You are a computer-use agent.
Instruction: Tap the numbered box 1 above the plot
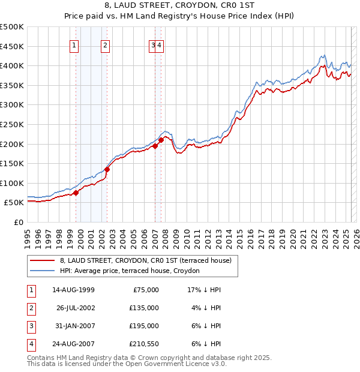[74, 44]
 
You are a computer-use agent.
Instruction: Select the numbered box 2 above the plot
[105, 44]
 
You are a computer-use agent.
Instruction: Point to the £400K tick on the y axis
[12, 65]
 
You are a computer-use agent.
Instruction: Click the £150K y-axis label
[12, 163]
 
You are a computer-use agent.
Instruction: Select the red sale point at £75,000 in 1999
[76, 193]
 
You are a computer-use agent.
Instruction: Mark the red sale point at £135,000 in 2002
[107, 169]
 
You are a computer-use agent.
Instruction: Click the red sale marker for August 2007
[161, 140]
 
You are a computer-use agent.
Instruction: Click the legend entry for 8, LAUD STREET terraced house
[149, 260]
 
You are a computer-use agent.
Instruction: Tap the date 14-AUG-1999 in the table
[73, 290]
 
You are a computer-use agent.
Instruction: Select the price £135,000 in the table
[145, 308]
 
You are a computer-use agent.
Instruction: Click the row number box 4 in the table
[30, 344]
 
